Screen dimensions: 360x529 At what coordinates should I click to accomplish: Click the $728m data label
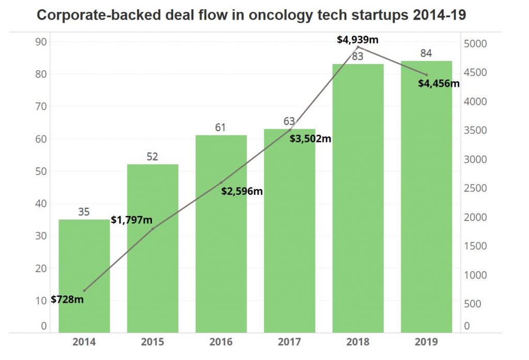67,300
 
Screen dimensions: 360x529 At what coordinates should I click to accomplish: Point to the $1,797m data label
132,221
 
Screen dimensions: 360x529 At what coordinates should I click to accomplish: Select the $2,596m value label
242,191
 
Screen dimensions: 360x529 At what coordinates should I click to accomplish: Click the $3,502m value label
310,138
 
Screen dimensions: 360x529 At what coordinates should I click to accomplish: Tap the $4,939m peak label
357,39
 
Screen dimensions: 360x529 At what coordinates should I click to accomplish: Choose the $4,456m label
439,83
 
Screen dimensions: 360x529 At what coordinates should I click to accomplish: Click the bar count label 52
152,156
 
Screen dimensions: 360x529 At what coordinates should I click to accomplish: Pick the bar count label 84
426,53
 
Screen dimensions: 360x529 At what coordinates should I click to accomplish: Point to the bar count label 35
84,212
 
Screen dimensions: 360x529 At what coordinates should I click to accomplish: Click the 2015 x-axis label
152,342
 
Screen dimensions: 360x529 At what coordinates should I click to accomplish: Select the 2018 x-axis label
357,342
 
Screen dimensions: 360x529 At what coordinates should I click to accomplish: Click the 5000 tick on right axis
475,44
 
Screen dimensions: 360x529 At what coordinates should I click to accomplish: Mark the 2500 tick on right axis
475,188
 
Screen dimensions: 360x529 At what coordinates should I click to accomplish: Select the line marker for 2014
84,290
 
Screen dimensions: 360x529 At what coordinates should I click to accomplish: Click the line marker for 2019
426,75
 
